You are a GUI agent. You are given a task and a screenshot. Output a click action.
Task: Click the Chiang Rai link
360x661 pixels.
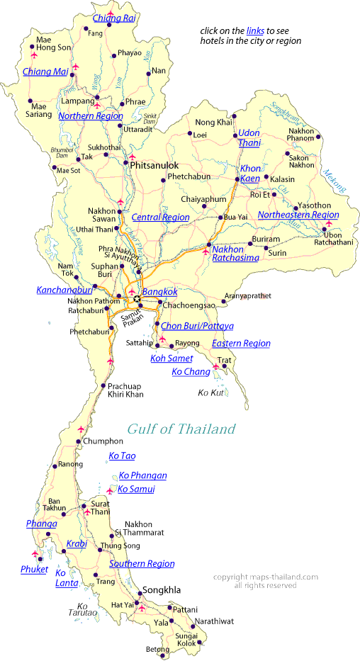(114, 18)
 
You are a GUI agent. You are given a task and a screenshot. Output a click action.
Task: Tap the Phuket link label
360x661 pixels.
(34, 569)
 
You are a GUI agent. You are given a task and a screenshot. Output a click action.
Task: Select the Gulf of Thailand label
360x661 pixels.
(181, 429)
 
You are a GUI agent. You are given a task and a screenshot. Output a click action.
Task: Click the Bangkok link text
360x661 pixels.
(159, 291)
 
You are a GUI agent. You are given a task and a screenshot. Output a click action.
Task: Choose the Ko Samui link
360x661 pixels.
(136, 489)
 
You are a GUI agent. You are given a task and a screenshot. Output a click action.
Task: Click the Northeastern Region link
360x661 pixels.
(298, 214)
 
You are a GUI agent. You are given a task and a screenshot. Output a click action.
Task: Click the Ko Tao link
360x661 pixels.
(122, 456)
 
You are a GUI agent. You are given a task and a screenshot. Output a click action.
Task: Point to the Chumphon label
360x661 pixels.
(98, 441)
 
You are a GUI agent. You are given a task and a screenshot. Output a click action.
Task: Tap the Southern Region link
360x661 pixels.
(142, 563)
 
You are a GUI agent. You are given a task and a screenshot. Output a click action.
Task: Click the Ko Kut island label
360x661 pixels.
(211, 392)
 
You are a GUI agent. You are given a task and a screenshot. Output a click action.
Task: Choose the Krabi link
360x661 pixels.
(77, 543)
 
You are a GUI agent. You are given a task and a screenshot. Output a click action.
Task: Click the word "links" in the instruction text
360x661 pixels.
(255, 31)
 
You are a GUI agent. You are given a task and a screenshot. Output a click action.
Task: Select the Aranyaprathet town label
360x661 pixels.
(248, 295)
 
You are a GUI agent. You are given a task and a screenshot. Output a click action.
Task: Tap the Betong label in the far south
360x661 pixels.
(157, 648)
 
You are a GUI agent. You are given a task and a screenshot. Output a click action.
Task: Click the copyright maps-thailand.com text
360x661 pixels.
(265, 577)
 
